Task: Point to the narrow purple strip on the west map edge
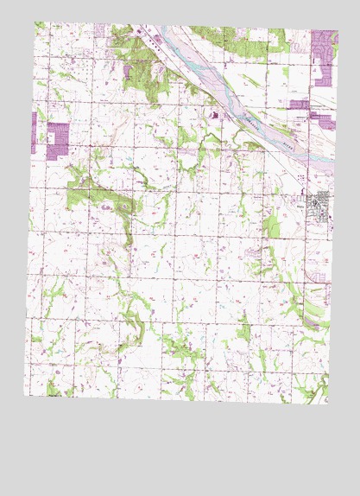tap(35, 132)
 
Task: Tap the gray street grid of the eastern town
tap(322, 207)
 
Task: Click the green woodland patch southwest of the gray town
tap(274, 226)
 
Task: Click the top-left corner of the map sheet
tap(35, 22)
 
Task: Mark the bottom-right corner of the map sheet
tap(328, 404)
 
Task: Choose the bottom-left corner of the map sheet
tap(25, 396)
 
